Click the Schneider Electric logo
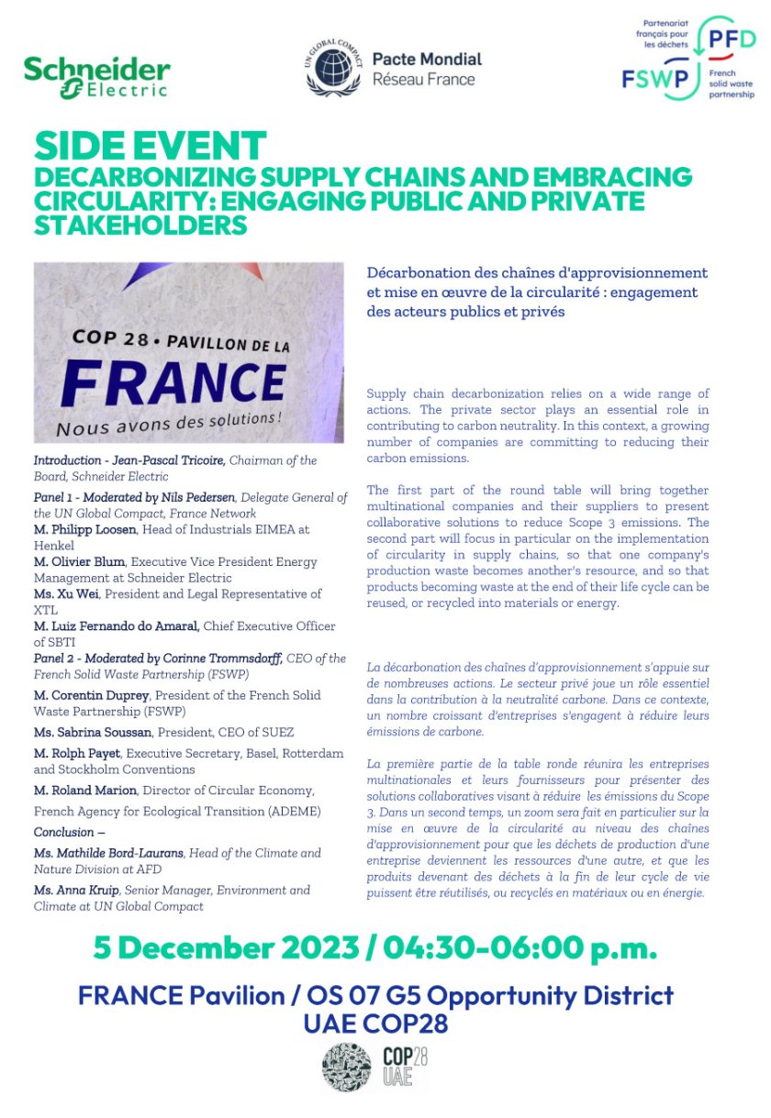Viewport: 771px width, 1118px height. [96, 77]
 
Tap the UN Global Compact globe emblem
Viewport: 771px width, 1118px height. [331, 70]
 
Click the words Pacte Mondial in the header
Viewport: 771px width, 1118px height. [426, 60]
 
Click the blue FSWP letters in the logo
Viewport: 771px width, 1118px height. [655, 79]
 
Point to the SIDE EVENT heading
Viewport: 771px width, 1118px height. [150, 147]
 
